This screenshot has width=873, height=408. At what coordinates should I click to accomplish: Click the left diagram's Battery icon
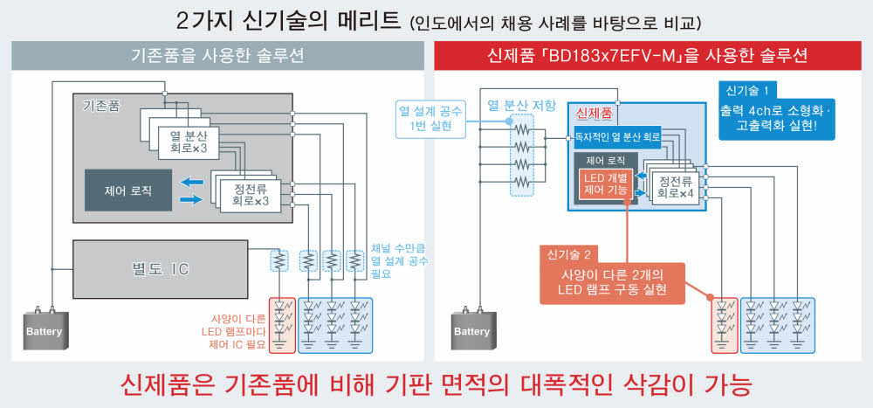tap(45, 331)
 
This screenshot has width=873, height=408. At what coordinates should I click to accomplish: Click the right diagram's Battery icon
tap(471, 331)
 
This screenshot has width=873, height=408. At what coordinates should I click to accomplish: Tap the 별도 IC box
tap(166, 266)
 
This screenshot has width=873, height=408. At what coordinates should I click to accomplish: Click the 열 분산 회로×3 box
tap(188, 140)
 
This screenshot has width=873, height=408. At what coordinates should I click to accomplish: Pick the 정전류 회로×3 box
tap(244, 192)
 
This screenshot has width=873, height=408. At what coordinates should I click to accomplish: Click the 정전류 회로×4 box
tap(674, 185)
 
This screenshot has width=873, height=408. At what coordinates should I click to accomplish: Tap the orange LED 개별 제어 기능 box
tap(605, 184)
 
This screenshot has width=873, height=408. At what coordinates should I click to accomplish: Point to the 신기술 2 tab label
tap(569, 254)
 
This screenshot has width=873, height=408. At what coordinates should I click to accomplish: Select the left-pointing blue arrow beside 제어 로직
tap(189, 182)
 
